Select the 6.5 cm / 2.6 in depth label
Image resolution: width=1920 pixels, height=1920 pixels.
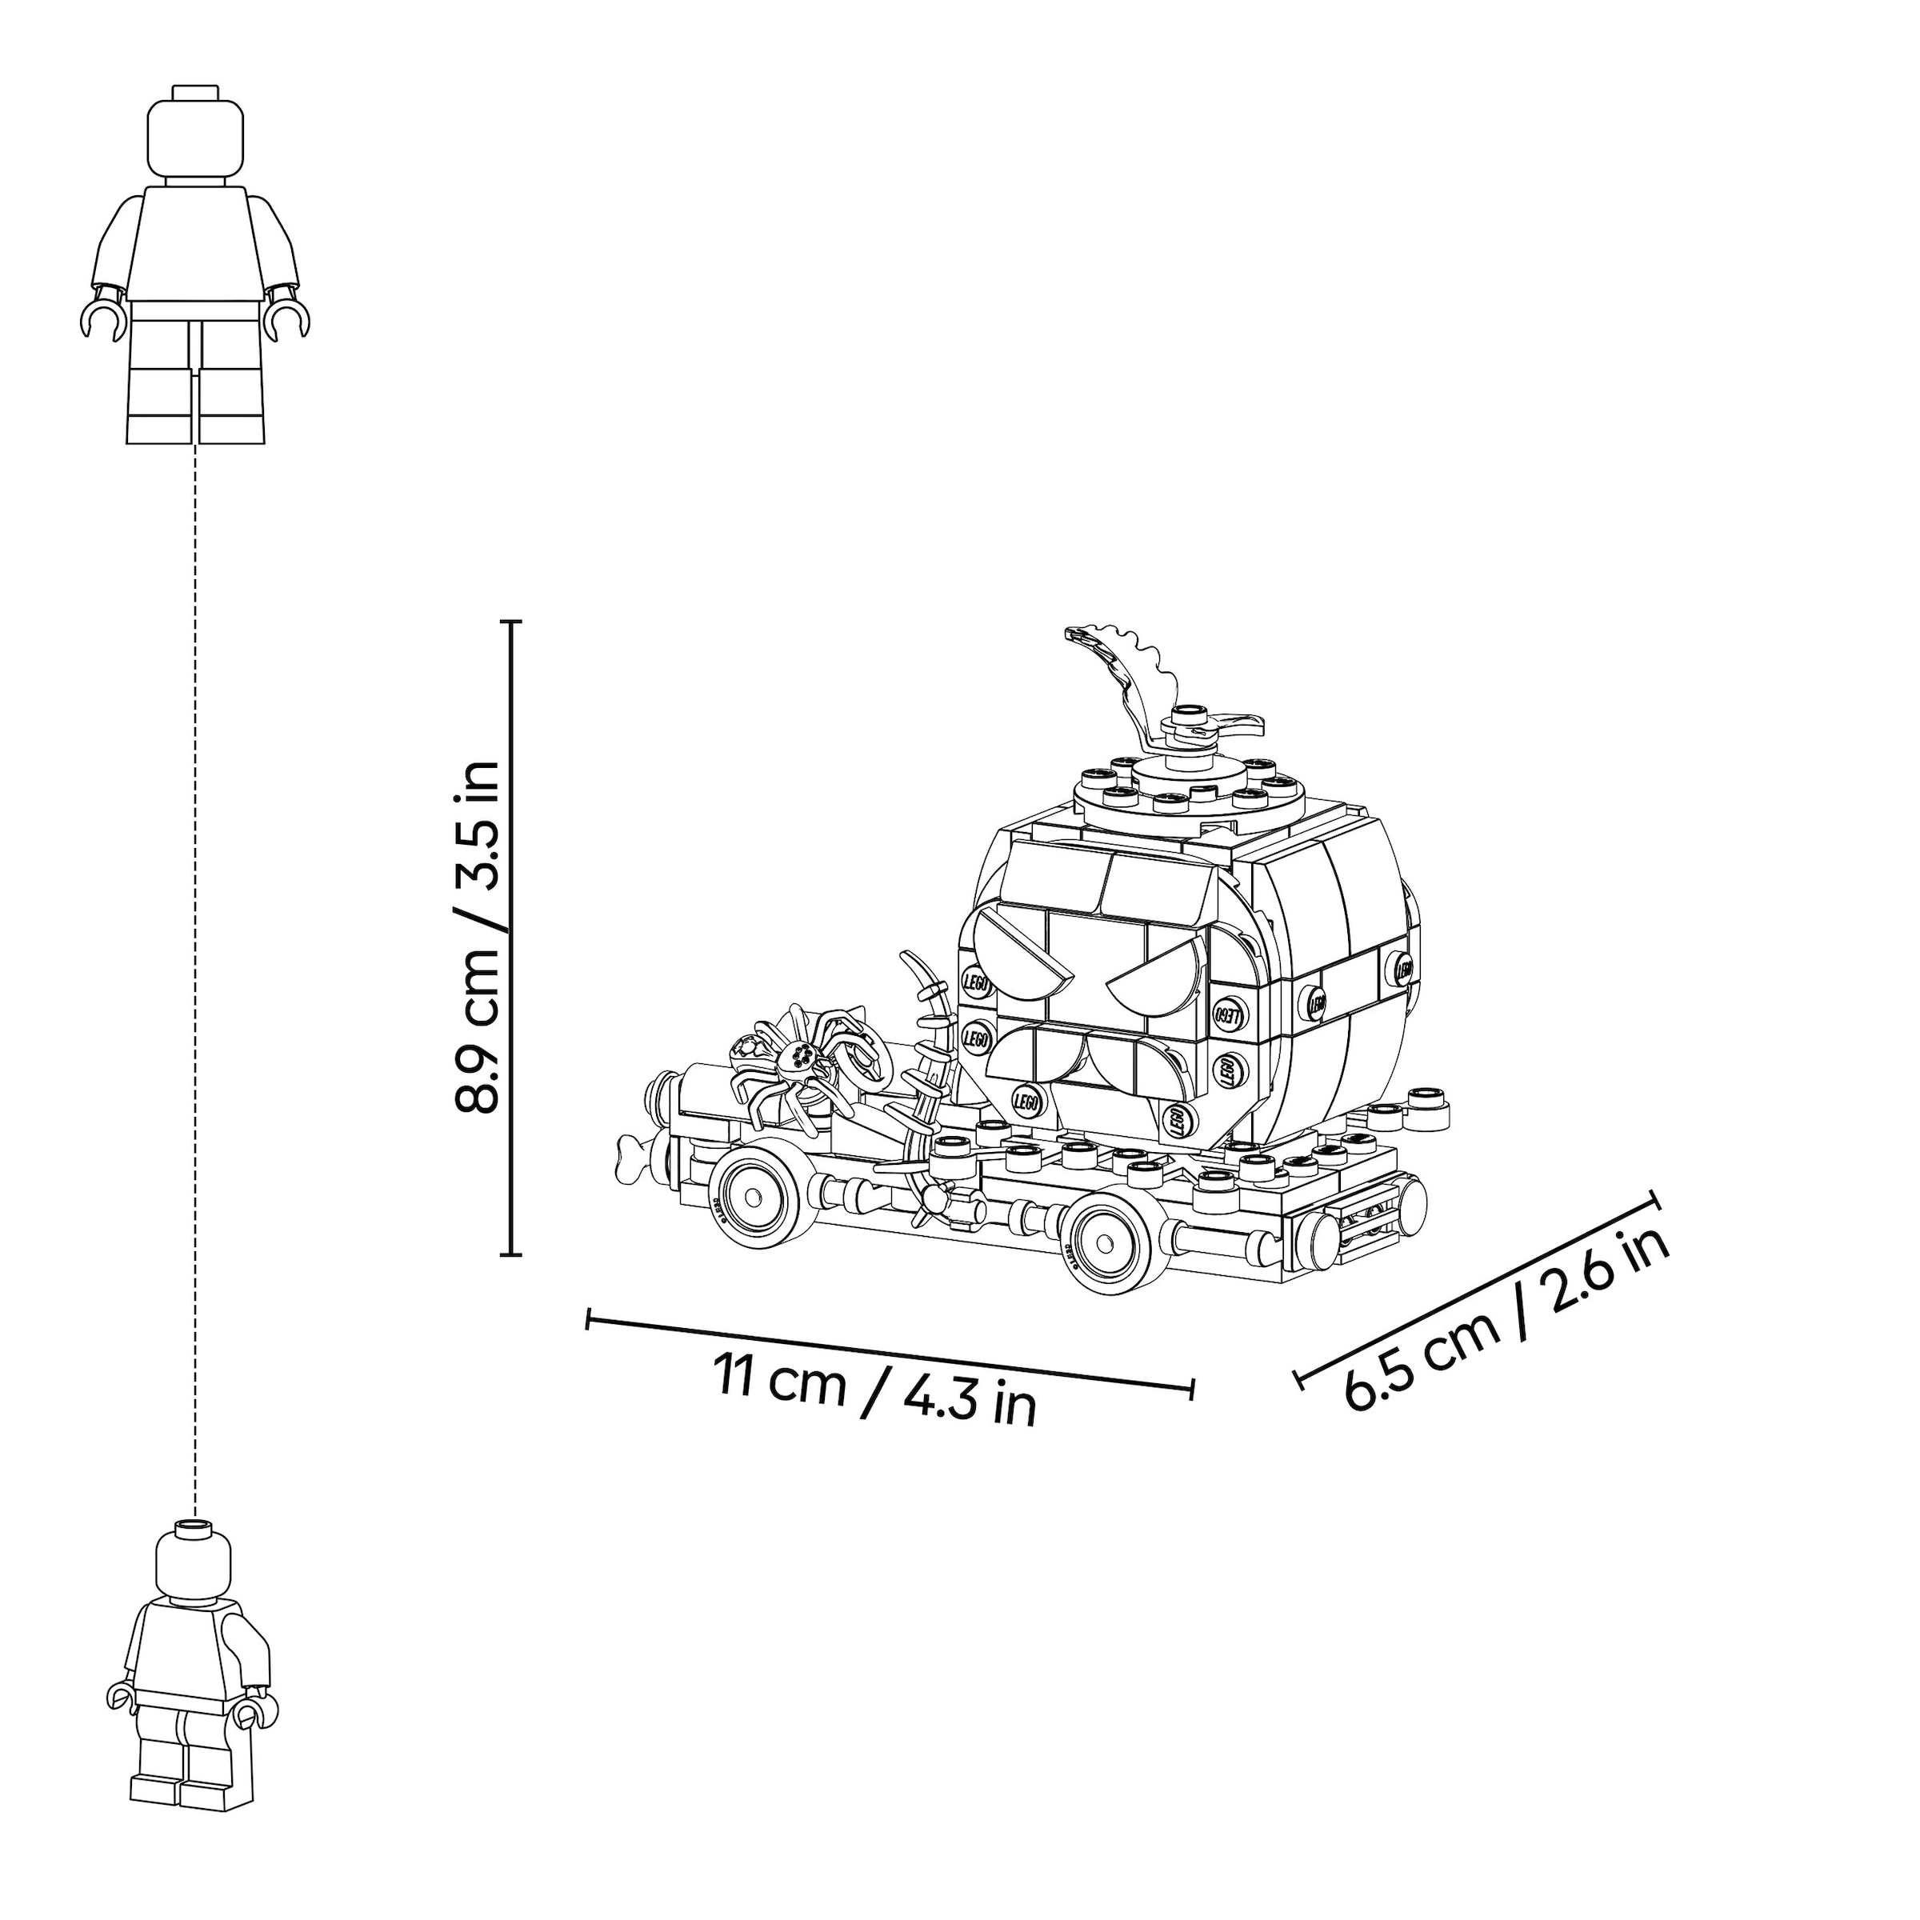click(x=1505, y=1318)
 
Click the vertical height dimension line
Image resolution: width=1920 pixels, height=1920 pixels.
click(x=512, y=938)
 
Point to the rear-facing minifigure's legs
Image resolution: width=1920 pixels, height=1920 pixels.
click(x=186, y=1764)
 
